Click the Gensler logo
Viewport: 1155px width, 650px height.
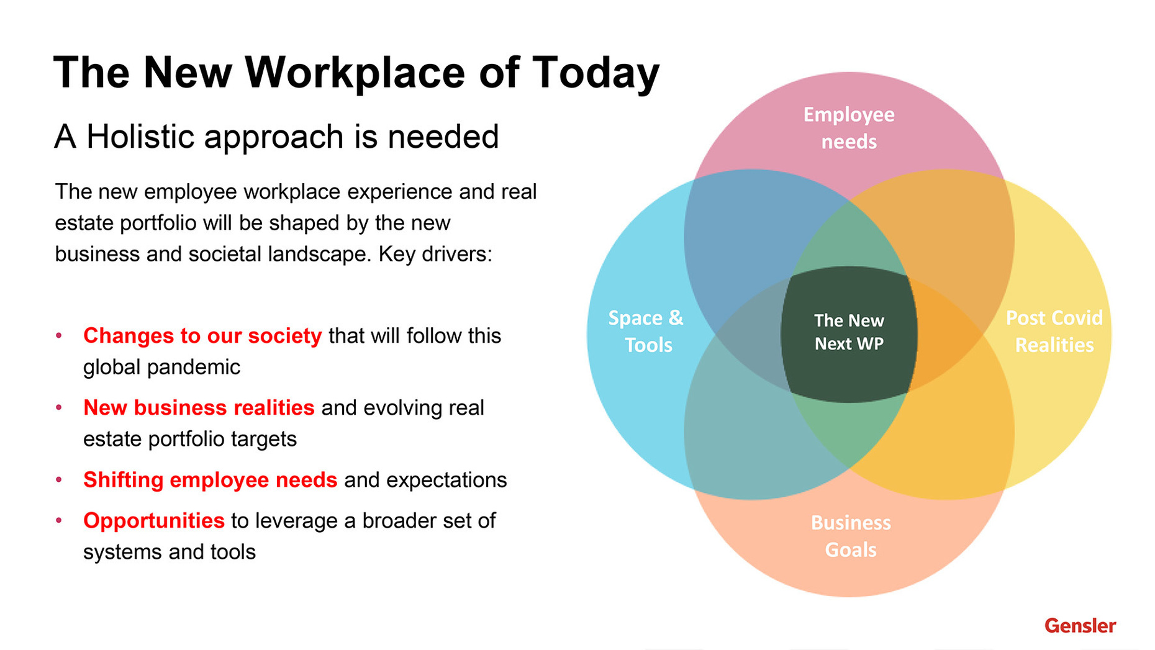point(1080,625)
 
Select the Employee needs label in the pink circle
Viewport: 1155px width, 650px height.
point(849,128)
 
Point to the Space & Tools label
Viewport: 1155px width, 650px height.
point(646,331)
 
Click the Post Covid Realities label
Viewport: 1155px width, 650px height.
point(1054,331)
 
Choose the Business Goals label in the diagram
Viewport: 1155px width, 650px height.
point(851,536)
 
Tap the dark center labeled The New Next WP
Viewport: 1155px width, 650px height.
point(849,335)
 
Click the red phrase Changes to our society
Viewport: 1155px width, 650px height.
point(202,336)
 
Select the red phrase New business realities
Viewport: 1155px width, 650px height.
point(199,408)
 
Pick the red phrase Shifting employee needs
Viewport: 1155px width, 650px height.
point(210,480)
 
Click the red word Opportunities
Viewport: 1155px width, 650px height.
point(154,521)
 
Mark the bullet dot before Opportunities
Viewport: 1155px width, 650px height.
point(59,520)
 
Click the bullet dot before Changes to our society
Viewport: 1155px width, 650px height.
point(59,335)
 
